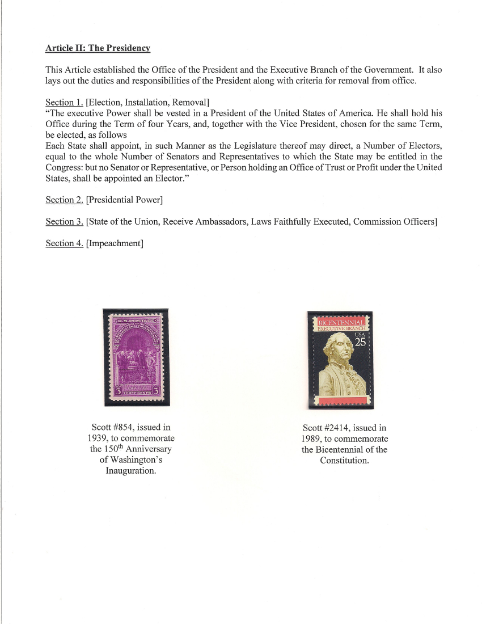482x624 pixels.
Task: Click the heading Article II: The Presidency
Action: (x=98, y=48)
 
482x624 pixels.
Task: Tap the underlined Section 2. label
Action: (x=64, y=200)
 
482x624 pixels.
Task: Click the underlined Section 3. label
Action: (x=64, y=221)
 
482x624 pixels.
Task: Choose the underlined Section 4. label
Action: (x=64, y=243)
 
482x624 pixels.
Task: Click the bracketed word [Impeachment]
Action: (x=115, y=243)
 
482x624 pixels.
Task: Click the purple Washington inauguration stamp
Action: (x=136, y=357)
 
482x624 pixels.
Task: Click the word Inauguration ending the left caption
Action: (x=131, y=471)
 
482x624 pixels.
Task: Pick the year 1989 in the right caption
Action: (x=312, y=439)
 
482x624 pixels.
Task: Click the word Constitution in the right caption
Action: (x=344, y=460)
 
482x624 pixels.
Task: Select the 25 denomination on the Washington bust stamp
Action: (x=361, y=342)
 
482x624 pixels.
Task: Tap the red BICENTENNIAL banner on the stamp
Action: (x=340, y=322)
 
